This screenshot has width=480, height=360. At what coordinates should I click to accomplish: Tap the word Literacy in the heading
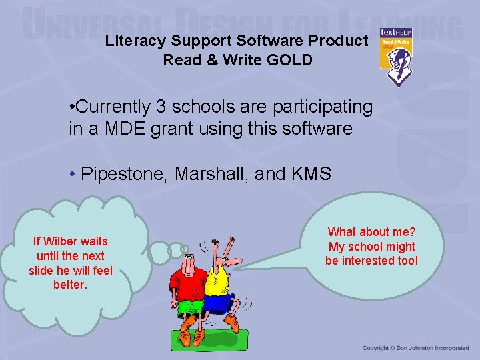click(x=132, y=41)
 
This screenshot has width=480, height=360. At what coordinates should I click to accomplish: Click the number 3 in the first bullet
click(x=173, y=107)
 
